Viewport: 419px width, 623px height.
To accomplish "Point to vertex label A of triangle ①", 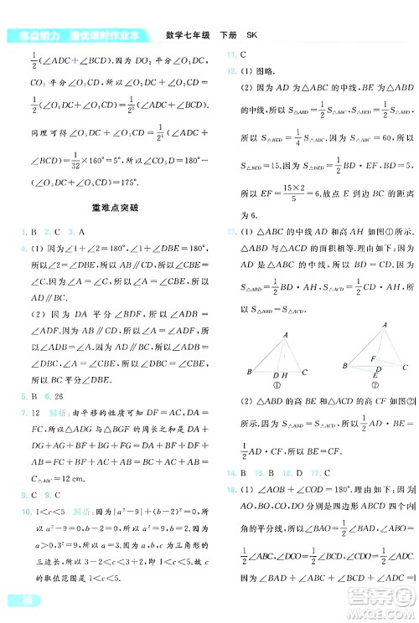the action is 285,310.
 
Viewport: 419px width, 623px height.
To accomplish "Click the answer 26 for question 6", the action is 59,399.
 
